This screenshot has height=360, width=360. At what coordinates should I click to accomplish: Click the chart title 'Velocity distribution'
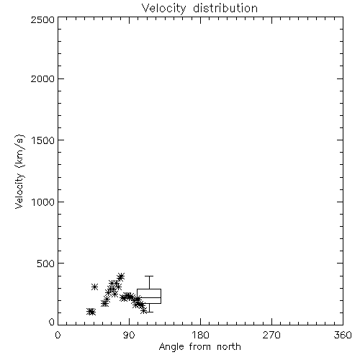pyautogui.click(x=199, y=9)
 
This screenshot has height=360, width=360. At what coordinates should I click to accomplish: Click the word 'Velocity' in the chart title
pyautogui.click(x=163, y=9)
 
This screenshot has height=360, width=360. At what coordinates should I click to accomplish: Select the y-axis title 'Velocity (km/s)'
pyautogui.click(x=19, y=171)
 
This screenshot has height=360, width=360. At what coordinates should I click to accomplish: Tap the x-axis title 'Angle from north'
pyautogui.click(x=199, y=346)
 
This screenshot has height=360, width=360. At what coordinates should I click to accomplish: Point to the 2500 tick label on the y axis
pyautogui.click(x=42, y=19)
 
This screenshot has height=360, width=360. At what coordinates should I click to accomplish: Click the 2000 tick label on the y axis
pyautogui.click(x=42, y=78)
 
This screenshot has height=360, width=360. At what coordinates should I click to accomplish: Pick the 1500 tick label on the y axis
pyautogui.click(x=43, y=140)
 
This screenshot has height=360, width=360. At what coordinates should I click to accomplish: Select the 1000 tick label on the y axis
pyautogui.click(x=43, y=202)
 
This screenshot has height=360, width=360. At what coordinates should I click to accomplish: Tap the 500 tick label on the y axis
pyautogui.click(x=46, y=264)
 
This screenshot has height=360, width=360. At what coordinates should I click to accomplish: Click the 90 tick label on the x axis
pyautogui.click(x=129, y=335)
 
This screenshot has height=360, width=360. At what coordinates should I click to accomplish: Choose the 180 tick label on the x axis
pyautogui.click(x=200, y=335)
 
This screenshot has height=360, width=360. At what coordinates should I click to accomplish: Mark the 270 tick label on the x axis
pyautogui.click(x=271, y=335)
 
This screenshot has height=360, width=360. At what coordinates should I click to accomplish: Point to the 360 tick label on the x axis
pyautogui.click(x=343, y=335)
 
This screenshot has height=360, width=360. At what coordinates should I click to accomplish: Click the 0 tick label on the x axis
pyautogui.click(x=58, y=335)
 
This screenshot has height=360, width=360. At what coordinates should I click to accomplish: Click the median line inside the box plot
pyautogui.click(x=149, y=297)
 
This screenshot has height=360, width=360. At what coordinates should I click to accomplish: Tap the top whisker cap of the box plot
pyautogui.click(x=149, y=276)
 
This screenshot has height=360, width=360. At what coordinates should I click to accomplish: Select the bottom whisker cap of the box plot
pyautogui.click(x=149, y=312)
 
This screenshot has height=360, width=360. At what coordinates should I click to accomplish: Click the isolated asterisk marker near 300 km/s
pyautogui.click(x=94, y=287)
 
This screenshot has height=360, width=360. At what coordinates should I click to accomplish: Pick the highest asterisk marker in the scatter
pyautogui.click(x=121, y=276)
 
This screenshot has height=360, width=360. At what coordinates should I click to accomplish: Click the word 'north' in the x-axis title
pyautogui.click(x=229, y=346)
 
